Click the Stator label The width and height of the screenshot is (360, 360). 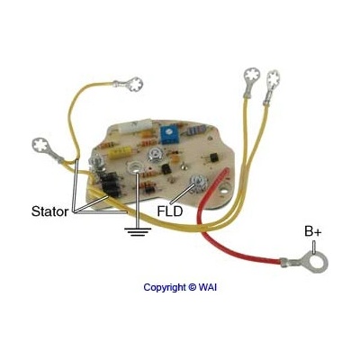[x=49, y=211]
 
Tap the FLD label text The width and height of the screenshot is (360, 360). [x=170, y=211]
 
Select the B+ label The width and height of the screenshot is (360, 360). [x=313, y=231]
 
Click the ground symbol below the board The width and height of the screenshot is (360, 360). [x=138, y=231]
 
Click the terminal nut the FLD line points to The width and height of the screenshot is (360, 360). [x=199, y=183]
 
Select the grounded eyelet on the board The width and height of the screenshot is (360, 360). [x=134, y=167]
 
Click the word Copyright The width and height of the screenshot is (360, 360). [x=165, y=287]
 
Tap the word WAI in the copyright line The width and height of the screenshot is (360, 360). [x=207, y=287]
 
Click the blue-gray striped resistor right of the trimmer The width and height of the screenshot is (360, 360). [x=195, y=130]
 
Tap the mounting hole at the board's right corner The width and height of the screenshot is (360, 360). [x=223, y=191]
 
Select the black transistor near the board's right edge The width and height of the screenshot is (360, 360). [x=214, y=157]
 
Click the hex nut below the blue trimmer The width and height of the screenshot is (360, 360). [x=155, y=156]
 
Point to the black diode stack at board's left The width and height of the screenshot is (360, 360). [x=111, y=185]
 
